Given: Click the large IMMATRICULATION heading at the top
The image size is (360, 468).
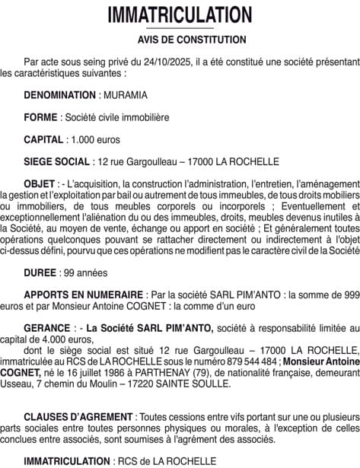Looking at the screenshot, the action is coord(180,14).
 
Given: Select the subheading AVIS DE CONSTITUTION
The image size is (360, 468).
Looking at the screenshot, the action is coord(180,39).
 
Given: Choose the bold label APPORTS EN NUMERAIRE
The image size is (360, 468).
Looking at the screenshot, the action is coord(84,294).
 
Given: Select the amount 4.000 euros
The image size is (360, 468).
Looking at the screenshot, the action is coord(58,339).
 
